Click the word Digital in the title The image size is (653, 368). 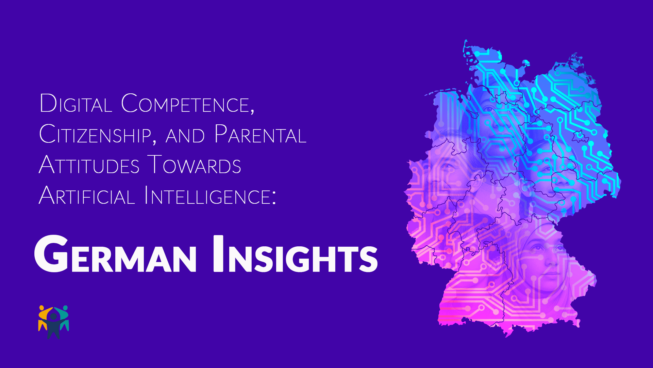pyautogui.click(x=76, y=103)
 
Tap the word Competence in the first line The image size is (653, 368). pyautogui.click(x=186, y=103)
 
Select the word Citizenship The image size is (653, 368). pyautogui.click(x=95, y=134)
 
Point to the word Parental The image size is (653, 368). pyautogui.click(x=261, y=134)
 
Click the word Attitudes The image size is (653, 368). pyautogui.click(x=89, y=165)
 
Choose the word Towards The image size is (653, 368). pyautogui.click(x=194, y=165)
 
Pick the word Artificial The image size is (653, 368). pyautogui.click(x=87, y=195)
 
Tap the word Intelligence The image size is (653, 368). pyautogui.click(x=207, y=195)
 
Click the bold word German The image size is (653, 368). pyautogui.click(x=115, y=254)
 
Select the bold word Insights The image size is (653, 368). pyautogui.click(x=296, y=254)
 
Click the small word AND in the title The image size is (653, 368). pyautogui.click(x=185, y=136)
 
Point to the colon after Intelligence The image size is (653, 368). pyautogui.click(x=274, y=197)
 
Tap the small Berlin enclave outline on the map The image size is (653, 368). pyautogui.click(x=577, y=136)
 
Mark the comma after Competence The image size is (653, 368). pyautogui.click(x=252, y=110)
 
